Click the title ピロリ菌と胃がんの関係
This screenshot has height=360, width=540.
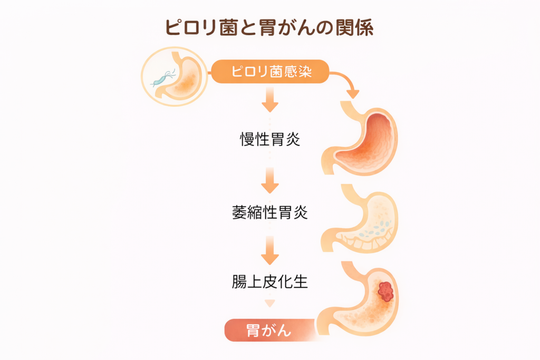point(269,28)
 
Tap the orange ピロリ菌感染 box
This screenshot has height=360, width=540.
point(270,72)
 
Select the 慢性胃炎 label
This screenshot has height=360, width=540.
point(269,140)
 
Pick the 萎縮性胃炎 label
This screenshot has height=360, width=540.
point(269,213)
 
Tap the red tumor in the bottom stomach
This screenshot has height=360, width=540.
point(386,291)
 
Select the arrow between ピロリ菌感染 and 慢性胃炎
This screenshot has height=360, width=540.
point(270,100)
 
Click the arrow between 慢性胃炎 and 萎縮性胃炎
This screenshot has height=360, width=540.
point(270,180)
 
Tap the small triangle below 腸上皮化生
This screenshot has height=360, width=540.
point(270,303)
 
